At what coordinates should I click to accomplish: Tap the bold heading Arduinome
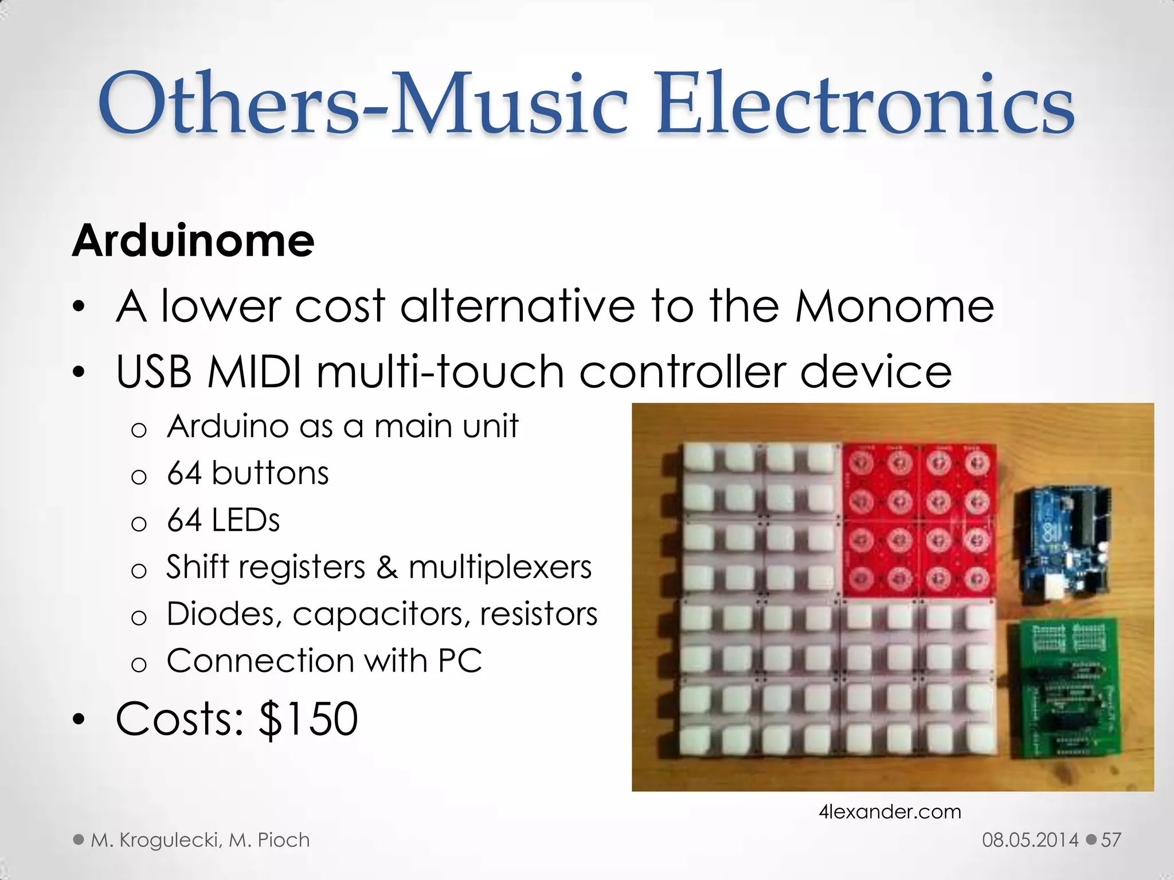click(x=193, y=241)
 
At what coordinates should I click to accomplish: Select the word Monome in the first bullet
click(x=894, y=307)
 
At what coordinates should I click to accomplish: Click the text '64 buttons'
click(x=248, y=473)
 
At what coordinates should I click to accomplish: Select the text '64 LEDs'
click(x=223, y=520)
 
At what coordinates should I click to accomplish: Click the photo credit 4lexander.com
click(x=890, y=812)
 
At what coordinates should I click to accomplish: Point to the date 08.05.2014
click(x=1030, y=840)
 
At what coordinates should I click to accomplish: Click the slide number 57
click(x=1111, y=840)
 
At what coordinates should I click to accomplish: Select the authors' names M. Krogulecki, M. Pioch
click(x=200, y=840)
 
